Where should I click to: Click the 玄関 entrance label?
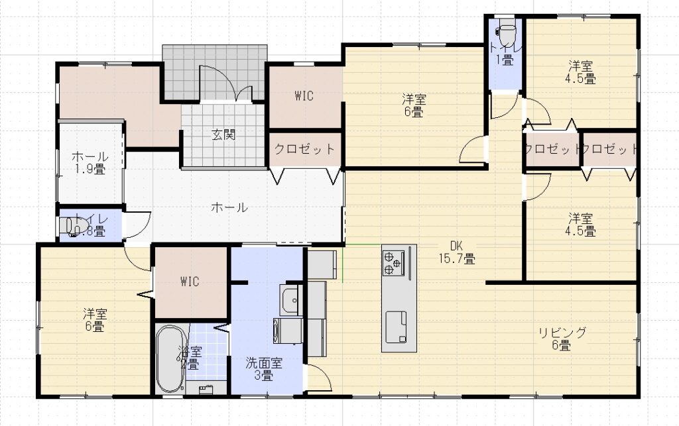223,135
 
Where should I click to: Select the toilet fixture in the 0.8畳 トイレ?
68,227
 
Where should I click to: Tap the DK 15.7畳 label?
456,252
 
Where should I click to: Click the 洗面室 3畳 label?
264,369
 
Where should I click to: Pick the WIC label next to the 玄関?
304,95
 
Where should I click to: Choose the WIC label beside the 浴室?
190,281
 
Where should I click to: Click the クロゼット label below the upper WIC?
305,149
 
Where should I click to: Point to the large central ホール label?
229,207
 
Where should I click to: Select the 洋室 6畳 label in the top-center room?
414,106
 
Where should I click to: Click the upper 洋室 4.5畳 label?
581,72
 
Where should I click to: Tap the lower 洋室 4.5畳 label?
581,225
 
